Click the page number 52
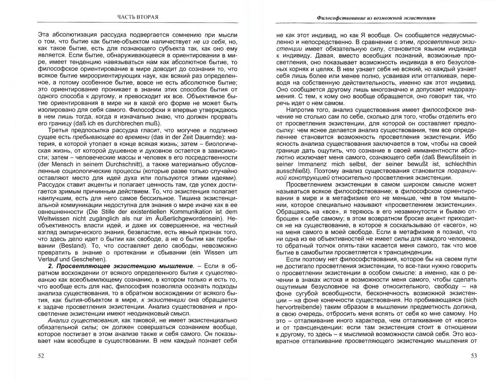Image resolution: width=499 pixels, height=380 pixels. [x=41, y=356]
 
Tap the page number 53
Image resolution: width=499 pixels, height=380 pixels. [x=474, y=356]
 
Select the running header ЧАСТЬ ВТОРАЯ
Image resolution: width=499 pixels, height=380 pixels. [x=137, y=17]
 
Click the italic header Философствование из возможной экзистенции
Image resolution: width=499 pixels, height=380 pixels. [x=376, y=17]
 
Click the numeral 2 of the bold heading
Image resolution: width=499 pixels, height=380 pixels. [x=50, y=266]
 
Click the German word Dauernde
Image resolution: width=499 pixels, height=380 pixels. [x=212, y=137]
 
